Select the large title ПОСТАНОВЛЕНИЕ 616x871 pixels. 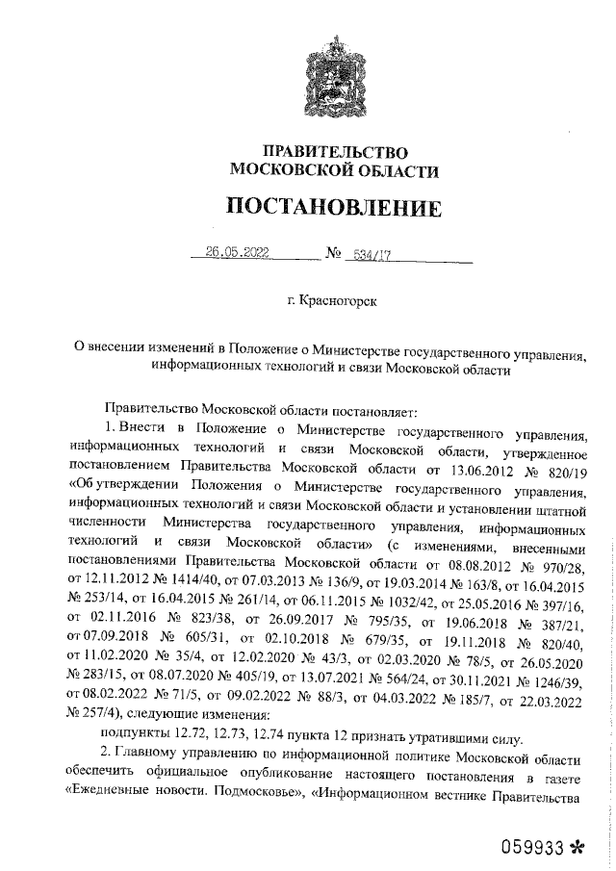pos(335,207)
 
